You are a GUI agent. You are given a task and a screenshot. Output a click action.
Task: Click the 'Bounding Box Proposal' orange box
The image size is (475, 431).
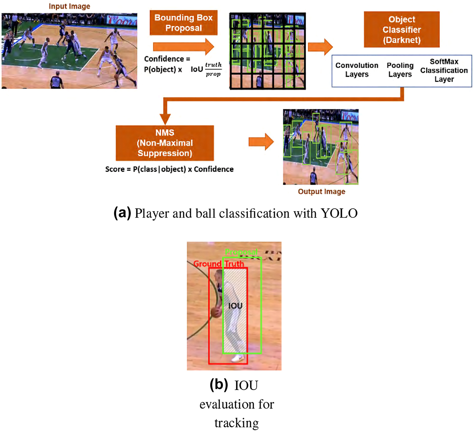[183, 23]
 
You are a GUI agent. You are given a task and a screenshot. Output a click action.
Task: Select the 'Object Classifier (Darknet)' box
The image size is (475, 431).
[401, 30]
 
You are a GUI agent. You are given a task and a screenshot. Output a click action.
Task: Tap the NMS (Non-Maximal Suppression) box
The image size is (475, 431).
[165, 143]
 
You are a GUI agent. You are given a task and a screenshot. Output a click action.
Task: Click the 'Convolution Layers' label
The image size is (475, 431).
[356, 70]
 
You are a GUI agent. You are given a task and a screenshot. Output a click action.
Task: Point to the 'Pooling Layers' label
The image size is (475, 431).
[400, 70]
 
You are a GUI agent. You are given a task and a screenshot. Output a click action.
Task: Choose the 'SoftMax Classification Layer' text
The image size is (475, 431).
[444, 70]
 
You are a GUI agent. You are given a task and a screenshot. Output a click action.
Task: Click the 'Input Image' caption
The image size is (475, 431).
[69, 6]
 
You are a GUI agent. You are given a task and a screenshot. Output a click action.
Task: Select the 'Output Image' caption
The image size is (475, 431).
[321, 192]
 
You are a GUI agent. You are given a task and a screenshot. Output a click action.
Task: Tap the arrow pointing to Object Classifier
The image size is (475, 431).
[320, 47]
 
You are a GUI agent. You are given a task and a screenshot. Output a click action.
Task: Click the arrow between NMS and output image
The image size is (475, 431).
[261, 142]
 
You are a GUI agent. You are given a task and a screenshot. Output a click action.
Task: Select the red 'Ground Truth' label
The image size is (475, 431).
[219, 264]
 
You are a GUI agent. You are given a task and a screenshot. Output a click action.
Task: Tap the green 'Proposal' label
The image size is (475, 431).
[241, 252]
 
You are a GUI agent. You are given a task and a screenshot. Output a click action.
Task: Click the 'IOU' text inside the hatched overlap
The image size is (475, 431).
[235, 306]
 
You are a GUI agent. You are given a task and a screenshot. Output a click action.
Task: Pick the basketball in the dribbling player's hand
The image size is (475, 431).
[216, 313]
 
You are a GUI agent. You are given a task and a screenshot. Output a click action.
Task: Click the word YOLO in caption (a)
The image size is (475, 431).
[339, 213]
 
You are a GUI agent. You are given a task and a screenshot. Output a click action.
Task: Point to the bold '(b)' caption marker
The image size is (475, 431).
[219, 385]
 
